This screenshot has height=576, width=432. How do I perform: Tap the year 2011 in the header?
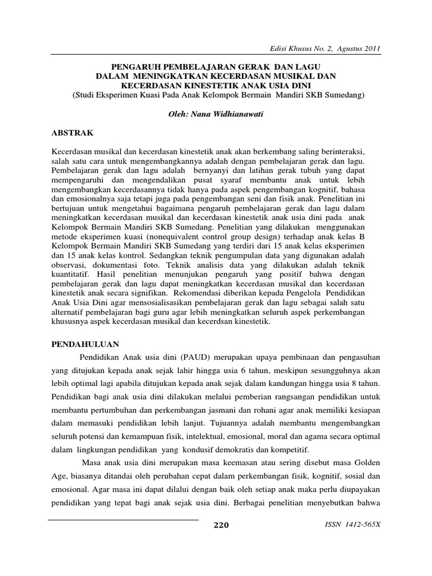(371, 49)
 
